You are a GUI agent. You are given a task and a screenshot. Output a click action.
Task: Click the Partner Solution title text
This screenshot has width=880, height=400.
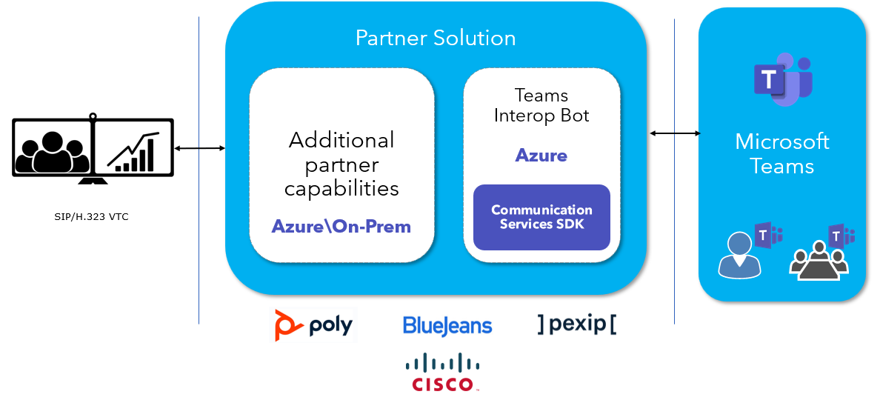point(436,38)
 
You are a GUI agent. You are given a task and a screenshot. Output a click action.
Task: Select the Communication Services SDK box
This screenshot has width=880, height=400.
point(541,217)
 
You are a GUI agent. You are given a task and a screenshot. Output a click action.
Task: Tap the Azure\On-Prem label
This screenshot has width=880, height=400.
point(341,226)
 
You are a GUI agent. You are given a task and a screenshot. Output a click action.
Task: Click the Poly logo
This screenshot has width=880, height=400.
point(314,325)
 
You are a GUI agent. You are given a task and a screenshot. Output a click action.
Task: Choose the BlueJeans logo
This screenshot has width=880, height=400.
point(447,325)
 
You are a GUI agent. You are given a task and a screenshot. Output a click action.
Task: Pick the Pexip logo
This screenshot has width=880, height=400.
point(577,324)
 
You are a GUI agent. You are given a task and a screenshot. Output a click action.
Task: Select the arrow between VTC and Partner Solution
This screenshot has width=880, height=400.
point(199,149)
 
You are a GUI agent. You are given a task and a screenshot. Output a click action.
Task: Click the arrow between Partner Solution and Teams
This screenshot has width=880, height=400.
point(675,133)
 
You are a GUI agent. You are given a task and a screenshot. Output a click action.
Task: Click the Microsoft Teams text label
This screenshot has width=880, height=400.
point(782,153)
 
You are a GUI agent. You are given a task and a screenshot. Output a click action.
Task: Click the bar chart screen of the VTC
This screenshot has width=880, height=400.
point(133,148)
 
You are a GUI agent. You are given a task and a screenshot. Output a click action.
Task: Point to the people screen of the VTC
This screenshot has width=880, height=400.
point(52,148)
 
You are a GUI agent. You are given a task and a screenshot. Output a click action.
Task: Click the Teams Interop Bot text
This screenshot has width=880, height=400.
point(541,105)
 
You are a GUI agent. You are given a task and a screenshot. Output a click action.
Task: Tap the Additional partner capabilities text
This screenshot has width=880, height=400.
point(341,164)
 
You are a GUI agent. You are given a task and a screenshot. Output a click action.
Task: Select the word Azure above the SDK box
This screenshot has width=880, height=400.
point(541,156)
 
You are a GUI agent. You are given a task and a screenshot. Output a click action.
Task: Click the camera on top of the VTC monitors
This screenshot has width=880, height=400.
point(93,116)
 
